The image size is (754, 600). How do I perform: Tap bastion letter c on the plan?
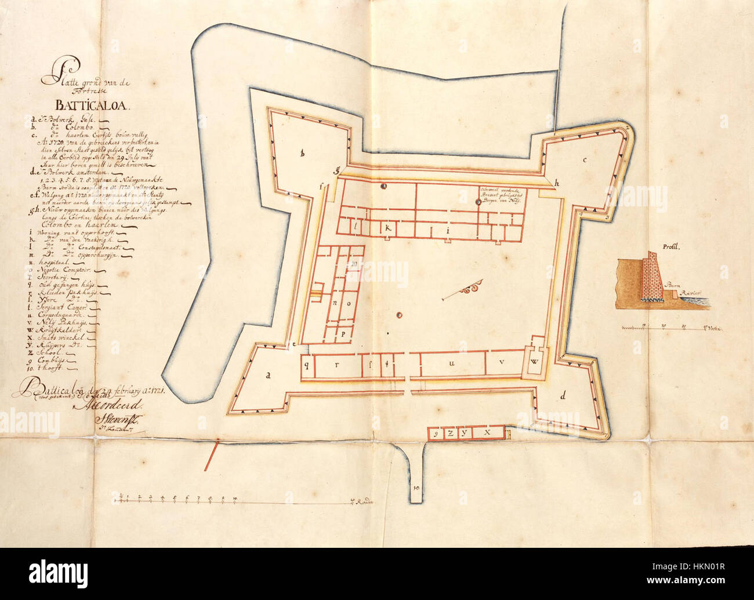coord(585,159)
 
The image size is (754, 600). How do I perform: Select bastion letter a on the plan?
coord(267,374)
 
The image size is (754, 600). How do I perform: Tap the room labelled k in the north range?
coord(386,228)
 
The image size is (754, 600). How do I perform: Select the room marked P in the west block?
coord(343,334)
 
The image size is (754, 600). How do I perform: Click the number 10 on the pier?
coord(416,488)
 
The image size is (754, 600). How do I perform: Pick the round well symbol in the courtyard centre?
coord(400,315)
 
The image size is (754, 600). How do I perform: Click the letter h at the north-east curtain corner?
coord(556,183)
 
